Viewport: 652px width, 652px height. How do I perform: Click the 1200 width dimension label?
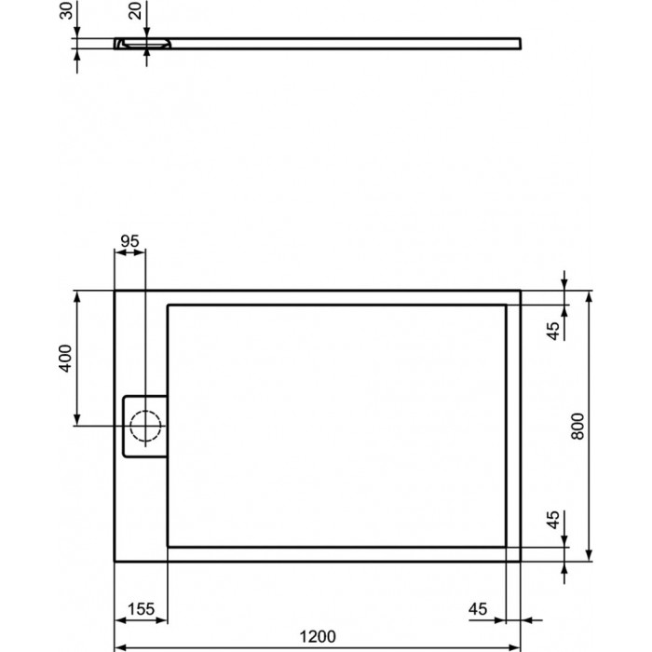(319, 636)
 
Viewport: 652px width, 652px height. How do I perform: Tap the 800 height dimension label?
(577, 427)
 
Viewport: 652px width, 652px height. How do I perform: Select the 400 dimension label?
(65, 359)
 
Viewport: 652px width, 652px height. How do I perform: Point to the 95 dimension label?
(129, 240)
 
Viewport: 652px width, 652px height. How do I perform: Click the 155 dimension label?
(141, 609)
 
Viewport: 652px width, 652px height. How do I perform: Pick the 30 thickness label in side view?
(66, 10)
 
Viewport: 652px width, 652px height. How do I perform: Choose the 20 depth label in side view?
(136, 10)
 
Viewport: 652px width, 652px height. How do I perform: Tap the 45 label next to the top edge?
(553, 331)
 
